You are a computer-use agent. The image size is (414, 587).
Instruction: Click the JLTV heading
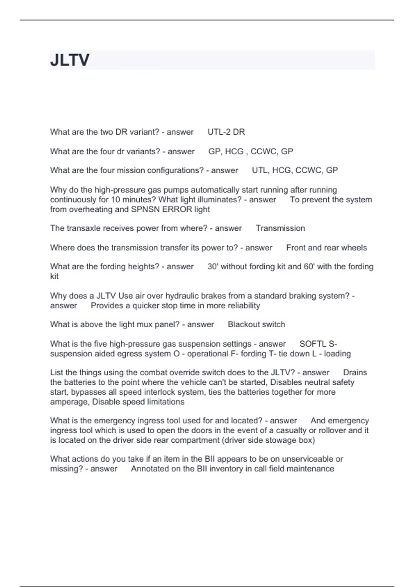[70, 60]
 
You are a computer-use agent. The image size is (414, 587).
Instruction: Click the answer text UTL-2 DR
[226, 132]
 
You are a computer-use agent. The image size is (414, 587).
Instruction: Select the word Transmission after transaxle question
[280, 228]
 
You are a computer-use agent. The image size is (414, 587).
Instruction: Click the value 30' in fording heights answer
[213, 267]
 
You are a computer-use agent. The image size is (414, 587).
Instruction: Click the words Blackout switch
[256, 325]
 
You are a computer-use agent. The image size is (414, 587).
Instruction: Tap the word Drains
[355, 373]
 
